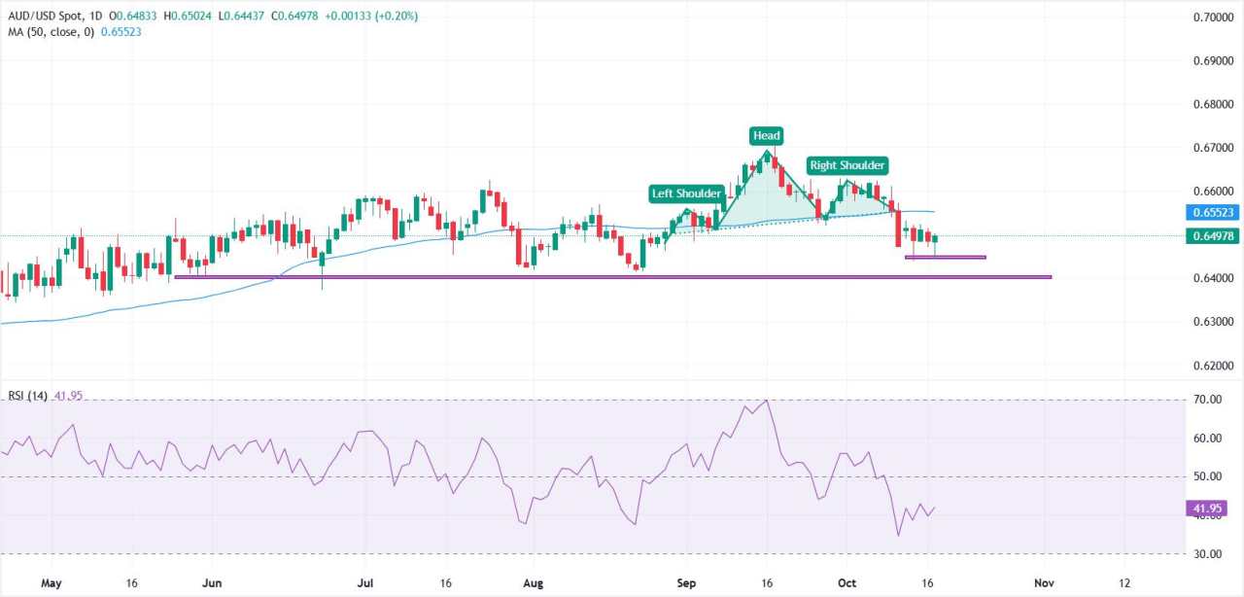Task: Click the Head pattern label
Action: coord(766,136)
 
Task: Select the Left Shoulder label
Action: coord(686,193)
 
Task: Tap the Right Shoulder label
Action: coord(847,165)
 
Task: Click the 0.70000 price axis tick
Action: coord(1213,18)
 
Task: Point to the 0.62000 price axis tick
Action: coord(1213,366)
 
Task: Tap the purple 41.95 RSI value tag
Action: coord(1206,508)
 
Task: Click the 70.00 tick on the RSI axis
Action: coord(1208,400)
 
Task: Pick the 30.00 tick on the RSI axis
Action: coord(1208,554)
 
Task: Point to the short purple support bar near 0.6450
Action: coord(945,257)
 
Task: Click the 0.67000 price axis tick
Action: coord(1213,148)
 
